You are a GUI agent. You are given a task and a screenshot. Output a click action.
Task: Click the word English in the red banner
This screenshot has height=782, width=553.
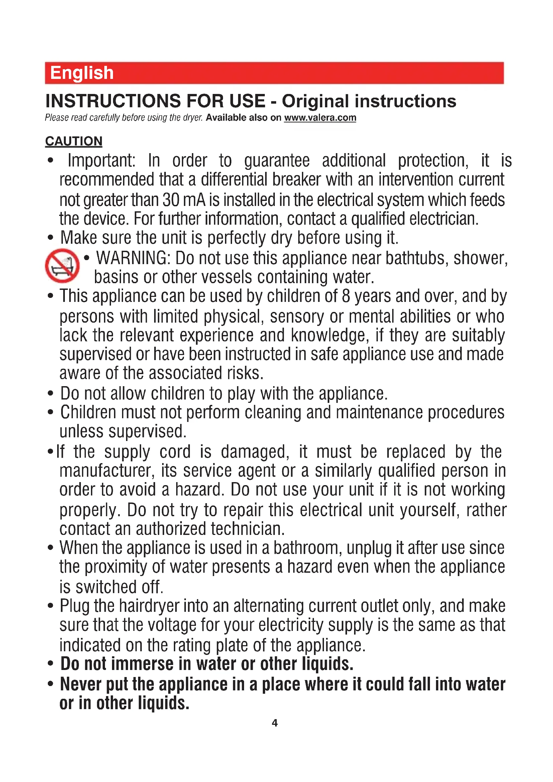(x=82, y=73)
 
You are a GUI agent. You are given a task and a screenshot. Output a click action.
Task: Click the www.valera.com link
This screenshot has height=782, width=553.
(x=320, y=118)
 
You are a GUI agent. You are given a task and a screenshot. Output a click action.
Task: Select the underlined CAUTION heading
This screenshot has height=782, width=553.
(x=74, y=141)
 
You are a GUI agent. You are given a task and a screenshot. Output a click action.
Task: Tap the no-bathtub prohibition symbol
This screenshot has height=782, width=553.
(x=62, y=266)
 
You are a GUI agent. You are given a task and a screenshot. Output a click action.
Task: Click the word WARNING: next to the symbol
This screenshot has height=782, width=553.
(x=133, y=258)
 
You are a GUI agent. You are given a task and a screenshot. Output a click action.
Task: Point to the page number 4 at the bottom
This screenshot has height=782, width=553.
(x=275, y=723)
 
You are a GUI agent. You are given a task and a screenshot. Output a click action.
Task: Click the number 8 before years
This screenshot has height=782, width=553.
(x=346, y=296)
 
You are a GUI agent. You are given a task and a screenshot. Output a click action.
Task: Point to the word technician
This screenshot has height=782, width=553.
(x=247, y=529)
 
